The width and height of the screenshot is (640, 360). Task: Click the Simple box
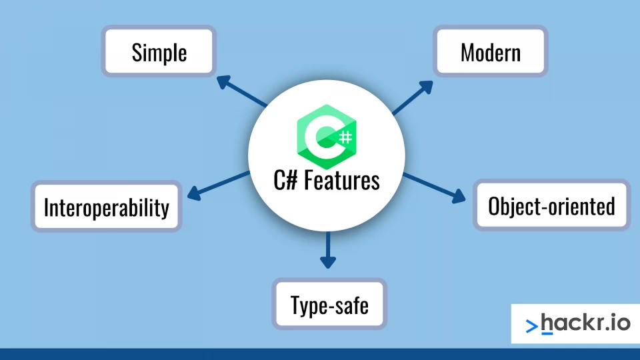(159, 51)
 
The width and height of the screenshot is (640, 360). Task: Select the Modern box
(490, 51)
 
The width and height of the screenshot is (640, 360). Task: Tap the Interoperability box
(107, 207)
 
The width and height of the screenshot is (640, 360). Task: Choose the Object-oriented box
(551, 205)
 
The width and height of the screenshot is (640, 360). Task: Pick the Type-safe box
(329, 304)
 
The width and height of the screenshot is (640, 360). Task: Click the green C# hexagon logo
(327, 137)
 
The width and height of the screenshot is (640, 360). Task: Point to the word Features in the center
(342, 181)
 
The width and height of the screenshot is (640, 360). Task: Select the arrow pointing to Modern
(412, 97)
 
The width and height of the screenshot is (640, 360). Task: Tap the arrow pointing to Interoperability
(219, 186)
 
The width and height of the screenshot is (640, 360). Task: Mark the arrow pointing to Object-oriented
(434, 187)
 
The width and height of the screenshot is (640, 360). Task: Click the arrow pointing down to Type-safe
(328, 250)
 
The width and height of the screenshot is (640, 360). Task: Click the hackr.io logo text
(586, 323)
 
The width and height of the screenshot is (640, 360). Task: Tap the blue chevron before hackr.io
(531, 326)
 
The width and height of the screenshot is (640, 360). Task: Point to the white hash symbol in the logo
(346, 137)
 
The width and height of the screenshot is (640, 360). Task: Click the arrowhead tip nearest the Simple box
(217, 76)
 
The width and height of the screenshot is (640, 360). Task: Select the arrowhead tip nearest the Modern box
(433, 81)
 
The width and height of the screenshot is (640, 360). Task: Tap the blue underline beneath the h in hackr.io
(547, 334)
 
